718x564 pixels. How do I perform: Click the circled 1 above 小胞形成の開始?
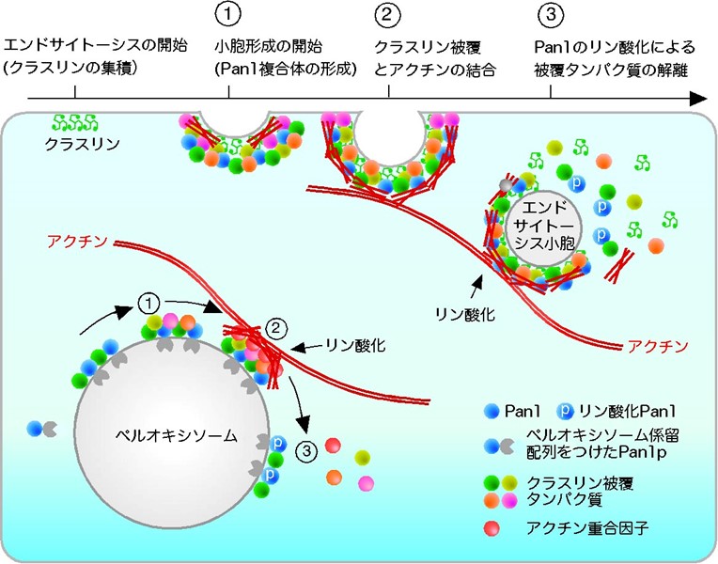click(227, 14)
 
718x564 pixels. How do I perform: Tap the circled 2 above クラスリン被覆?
click(387, 14)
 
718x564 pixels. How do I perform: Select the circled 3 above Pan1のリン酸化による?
click(551, 14)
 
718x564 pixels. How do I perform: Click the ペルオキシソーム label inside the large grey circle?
click(177, 435)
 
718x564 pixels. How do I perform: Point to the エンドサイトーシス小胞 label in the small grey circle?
click(544, 225)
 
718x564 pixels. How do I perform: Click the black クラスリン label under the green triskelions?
click(82, 144)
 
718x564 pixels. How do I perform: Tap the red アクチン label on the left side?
click(77, 241)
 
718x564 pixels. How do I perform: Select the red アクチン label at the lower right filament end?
click(658, 346)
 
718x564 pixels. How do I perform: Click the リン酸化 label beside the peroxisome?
click(356, 345)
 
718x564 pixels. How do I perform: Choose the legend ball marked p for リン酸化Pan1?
click(565, 411)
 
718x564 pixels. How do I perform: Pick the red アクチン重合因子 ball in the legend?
click(492, 528)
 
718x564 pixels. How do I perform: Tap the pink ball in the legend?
click(509, 499)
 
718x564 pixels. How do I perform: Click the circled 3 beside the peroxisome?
click(306, 451)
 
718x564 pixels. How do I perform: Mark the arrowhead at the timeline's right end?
click(699, 98)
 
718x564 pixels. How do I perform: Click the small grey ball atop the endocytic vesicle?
click(505, 185)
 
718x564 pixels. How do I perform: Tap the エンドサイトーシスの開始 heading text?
click(96, 46)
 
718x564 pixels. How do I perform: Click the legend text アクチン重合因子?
click(587, 528)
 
